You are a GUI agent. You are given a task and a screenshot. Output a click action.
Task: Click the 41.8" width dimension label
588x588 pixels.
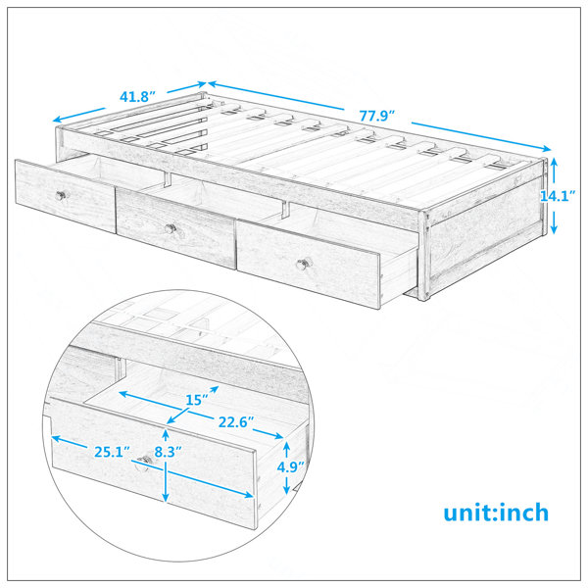(137, 97)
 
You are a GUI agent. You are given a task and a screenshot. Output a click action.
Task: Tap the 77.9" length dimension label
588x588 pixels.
(377, 116)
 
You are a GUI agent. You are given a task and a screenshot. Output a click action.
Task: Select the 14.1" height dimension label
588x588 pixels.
(558, 195)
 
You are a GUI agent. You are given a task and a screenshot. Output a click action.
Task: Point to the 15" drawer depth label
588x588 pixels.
(197, 400)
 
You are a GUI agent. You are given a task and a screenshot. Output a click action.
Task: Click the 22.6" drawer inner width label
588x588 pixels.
(236, 422)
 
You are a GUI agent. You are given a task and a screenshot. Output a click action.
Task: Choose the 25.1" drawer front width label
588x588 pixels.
(112, 452)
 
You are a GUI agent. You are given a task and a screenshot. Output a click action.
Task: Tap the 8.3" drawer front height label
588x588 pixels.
(169, 452)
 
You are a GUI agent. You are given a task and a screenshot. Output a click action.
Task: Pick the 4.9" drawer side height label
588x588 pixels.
(291, 466)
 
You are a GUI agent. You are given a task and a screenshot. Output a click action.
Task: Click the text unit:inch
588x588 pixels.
(496, 513)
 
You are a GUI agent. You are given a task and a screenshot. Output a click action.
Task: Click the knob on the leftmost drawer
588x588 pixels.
(61, 195)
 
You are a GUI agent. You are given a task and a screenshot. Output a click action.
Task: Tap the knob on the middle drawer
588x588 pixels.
(171, 228)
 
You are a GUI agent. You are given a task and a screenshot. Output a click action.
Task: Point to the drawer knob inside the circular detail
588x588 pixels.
(144, 461)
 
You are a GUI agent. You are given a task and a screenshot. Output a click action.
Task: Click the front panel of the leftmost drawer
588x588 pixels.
(66, 196)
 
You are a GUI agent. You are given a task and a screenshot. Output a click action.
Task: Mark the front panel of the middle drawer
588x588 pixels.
(175, 228)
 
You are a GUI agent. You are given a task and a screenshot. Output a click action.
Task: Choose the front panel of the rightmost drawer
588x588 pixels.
(309, 265)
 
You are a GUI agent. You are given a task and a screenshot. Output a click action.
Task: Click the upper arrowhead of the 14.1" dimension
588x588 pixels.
(555, 162)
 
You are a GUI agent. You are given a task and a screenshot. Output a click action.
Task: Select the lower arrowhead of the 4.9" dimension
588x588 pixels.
(286, 490)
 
